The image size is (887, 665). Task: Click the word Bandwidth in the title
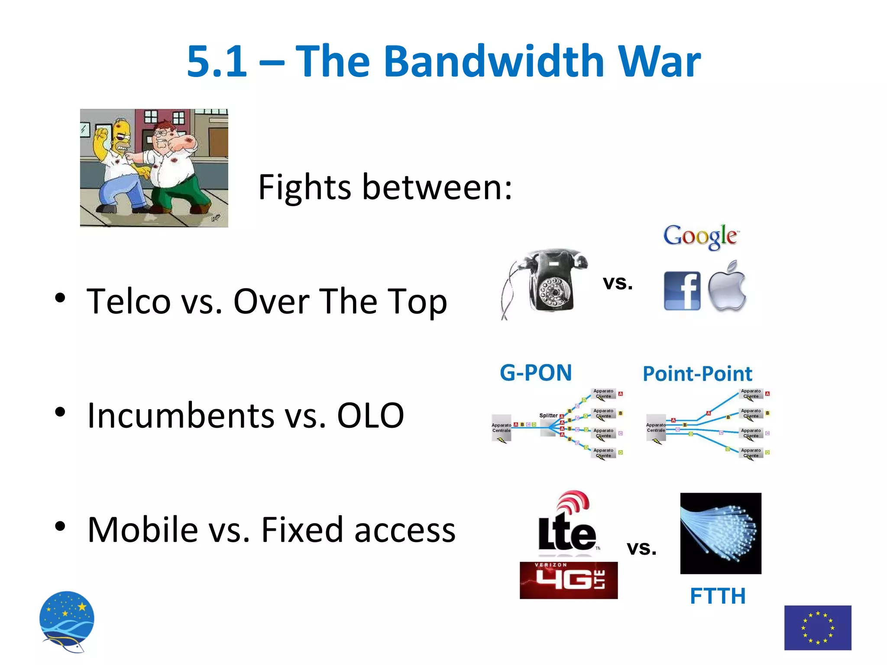coord(494,61)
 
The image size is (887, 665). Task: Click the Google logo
coord(700,236)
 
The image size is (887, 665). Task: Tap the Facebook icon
coord(682,291)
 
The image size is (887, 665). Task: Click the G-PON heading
coord(536,373)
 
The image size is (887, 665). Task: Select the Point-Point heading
coord(697,374)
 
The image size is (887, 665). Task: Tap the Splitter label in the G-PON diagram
coord(548,416)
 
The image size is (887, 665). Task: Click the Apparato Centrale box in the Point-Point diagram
coord(655,428)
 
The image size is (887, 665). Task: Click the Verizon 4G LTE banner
coord(568,581)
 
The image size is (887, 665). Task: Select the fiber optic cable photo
coord(720,533)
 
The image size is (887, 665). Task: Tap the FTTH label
coord(718,596)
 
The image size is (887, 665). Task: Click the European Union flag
coord(817,627)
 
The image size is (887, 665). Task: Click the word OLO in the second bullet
coord(370,416)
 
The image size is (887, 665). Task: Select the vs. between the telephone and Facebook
coord(618,283)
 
